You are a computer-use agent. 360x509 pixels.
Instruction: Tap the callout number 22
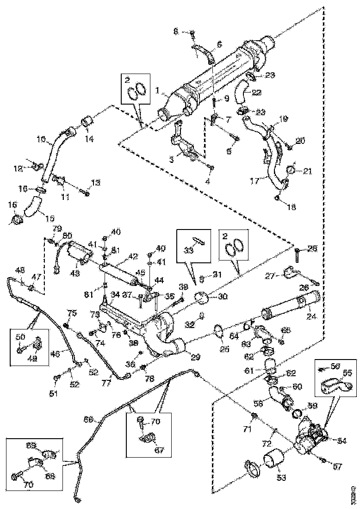click(x=257, y=93)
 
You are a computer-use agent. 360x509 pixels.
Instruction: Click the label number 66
click(x=88, y=420)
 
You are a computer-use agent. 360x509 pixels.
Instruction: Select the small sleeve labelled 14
click(x=87, y=122)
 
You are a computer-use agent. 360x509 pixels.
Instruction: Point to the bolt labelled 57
click(x=323, y=460)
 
